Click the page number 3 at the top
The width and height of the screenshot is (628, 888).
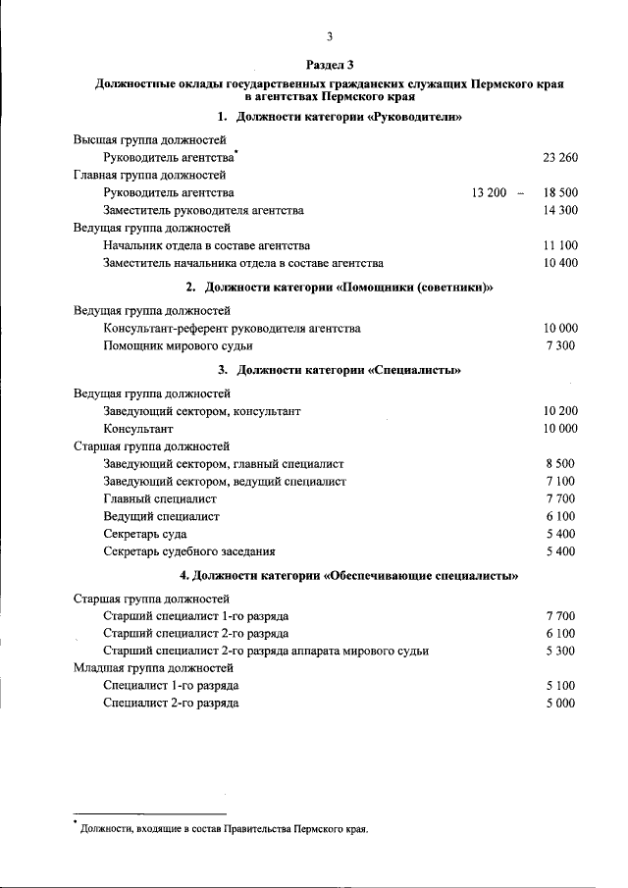pos(331,38)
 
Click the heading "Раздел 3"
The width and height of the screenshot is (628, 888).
pos(330,65)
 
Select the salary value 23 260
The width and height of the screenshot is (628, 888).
pos(560,157)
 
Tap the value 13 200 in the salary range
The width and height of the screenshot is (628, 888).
pos(489,192)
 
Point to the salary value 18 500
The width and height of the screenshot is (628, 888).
pos(560,192)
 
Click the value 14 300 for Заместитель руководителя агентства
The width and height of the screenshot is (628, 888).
pos(560,210)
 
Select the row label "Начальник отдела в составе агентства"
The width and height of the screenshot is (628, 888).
pos(206,245)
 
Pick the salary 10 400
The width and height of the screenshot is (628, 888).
pos(560,263)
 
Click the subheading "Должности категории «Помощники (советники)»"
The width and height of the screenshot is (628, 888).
pos(339,287)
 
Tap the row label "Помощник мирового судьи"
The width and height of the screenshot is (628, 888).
pos(178,345)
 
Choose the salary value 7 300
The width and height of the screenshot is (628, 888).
pos(560,345)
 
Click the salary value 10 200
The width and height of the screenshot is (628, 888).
pos(560,411)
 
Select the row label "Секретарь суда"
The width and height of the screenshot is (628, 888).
pos(145,534)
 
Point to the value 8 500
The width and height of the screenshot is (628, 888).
pos(560,463)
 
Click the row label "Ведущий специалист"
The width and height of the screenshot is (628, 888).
pos(161,516)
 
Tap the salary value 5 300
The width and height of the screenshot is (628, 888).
pos(560,651)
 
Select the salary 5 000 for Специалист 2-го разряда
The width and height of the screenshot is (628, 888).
pos(560,703)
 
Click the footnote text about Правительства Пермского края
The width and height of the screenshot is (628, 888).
pos(225,829)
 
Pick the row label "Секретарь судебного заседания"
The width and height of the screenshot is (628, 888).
pos(189,551)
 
